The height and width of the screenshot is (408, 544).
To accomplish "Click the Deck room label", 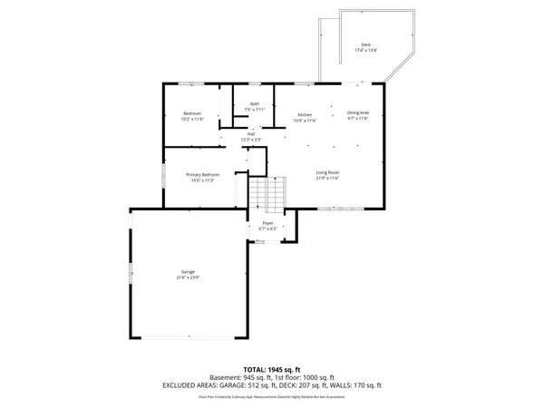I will [x=365, y=44].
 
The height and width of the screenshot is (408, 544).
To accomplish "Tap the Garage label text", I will [x=188, y=272].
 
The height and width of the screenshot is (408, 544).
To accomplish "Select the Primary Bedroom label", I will [x=202, y=174].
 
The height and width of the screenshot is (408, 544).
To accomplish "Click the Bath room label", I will [x=255, y=104].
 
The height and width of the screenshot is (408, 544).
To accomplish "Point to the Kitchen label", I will [x=306, y=114].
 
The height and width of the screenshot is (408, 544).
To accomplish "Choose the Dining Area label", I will [x=358, y=113].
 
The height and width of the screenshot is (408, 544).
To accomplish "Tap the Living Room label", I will [x=327, y=172].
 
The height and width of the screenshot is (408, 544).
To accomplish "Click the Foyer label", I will [x=267, y=222].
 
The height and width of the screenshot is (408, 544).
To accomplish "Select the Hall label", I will [x=250, y=134].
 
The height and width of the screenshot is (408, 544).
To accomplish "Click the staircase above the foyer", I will [x=267, y=192].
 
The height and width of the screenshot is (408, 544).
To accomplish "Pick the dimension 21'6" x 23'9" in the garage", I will [x=188, y=277].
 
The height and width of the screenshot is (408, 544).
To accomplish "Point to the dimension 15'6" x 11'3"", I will [x=202, y=180].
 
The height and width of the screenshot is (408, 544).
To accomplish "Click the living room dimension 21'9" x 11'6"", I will [x=327, y=179].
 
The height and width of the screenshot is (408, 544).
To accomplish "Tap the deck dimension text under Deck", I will [x=365, y=50].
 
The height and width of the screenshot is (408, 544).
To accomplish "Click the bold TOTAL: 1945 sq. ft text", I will [x=272, y=370].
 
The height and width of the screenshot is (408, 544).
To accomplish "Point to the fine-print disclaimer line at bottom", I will [x=272, y=396].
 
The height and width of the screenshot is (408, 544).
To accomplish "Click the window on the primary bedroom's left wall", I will [x=163, y=175].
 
